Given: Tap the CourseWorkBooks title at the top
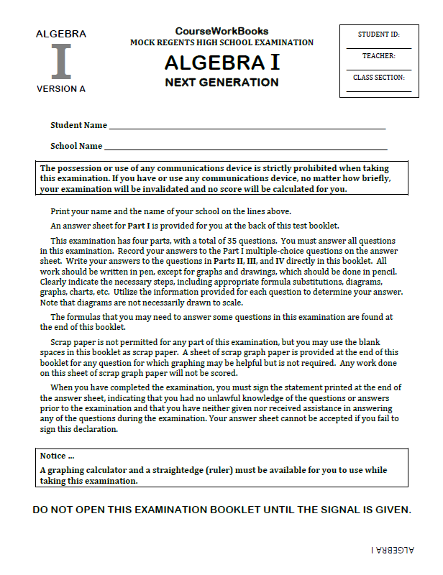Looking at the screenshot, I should click(x=221, y=31).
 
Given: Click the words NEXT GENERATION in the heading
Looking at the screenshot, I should click(x=221, y=82).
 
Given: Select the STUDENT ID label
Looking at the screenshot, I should click(x=378, y=34).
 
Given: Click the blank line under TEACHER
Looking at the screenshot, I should click(x=378, y=70).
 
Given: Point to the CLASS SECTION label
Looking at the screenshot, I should click(x=378, y=77).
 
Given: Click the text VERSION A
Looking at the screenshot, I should click(x=61, y=89).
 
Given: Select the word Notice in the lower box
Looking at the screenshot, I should click(x=54, y=456).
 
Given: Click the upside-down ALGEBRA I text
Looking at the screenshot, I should click(x=392, y=550).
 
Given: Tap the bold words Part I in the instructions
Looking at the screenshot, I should click(x=139, y=226).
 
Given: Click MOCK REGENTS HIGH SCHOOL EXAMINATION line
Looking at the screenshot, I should click(x=221, y=42).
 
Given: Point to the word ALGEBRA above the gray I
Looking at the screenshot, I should click(x=61, y=34).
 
